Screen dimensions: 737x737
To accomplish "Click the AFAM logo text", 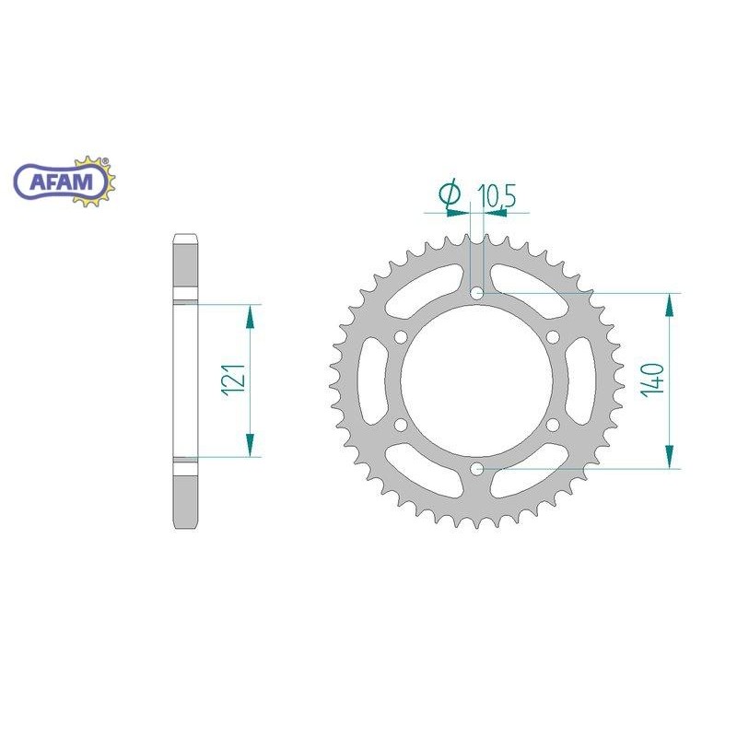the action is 62,181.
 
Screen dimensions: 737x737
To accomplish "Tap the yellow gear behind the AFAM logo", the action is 94,181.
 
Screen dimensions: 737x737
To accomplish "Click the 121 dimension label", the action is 236,380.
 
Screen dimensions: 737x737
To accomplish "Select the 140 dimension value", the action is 653,380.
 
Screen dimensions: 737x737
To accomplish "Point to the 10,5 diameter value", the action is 497,196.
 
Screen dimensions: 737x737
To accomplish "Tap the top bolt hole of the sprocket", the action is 477,294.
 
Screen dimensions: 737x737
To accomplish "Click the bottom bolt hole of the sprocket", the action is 477,469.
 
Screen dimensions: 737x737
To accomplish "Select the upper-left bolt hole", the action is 401,337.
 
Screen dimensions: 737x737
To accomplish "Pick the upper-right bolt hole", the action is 554,337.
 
